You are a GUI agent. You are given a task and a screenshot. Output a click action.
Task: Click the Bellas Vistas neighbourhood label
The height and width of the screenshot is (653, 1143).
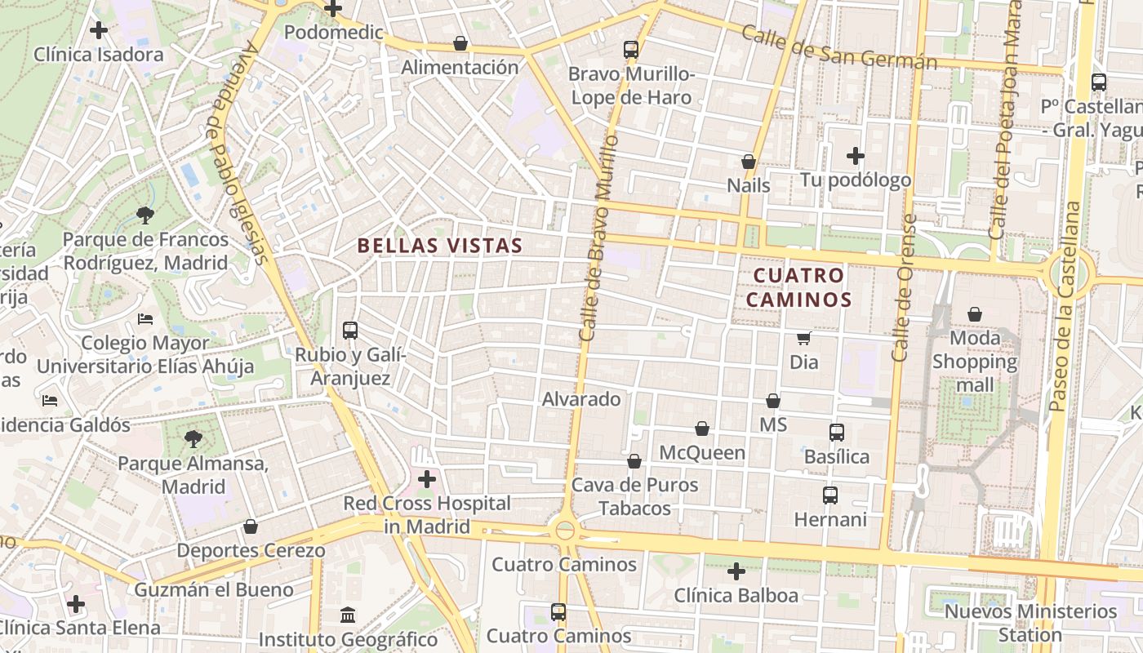[x=440, y=245]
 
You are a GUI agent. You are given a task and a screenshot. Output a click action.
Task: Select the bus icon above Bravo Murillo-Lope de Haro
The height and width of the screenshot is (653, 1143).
[x=631, y=49]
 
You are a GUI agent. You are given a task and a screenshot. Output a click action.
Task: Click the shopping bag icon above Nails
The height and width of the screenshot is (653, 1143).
[x=748, y=162]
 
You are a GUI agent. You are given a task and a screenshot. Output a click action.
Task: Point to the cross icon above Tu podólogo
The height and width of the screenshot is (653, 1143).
[x=855, y=155]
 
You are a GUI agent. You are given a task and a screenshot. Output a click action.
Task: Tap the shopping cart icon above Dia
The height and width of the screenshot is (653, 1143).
[x=804, y=337]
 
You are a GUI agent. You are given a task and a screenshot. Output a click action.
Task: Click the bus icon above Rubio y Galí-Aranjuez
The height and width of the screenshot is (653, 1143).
[x=350, y=331]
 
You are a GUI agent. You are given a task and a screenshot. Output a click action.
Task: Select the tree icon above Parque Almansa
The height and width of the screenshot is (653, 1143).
[x=193, y=439]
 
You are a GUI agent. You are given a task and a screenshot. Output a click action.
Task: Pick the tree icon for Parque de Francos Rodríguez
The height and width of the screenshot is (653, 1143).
[x=145, y=215]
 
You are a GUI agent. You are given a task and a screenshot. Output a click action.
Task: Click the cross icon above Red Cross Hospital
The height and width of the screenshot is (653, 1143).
[x=426, y=479]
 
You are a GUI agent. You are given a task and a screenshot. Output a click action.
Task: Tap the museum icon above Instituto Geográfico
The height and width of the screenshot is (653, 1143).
[x=348, y=615]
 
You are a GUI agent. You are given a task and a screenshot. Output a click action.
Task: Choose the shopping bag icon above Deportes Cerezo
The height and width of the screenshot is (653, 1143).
[x=251, y=526]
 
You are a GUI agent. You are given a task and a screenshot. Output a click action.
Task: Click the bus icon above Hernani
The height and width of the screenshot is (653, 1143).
[x=830, y=495]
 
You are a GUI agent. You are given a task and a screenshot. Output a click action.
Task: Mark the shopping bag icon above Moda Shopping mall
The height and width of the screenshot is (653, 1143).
[x=975, y=314]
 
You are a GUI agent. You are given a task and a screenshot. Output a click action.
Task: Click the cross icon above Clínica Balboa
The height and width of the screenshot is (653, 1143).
[x=736, y=571]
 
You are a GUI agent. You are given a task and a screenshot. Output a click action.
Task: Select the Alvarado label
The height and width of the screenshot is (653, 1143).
[x=581, y=399]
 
